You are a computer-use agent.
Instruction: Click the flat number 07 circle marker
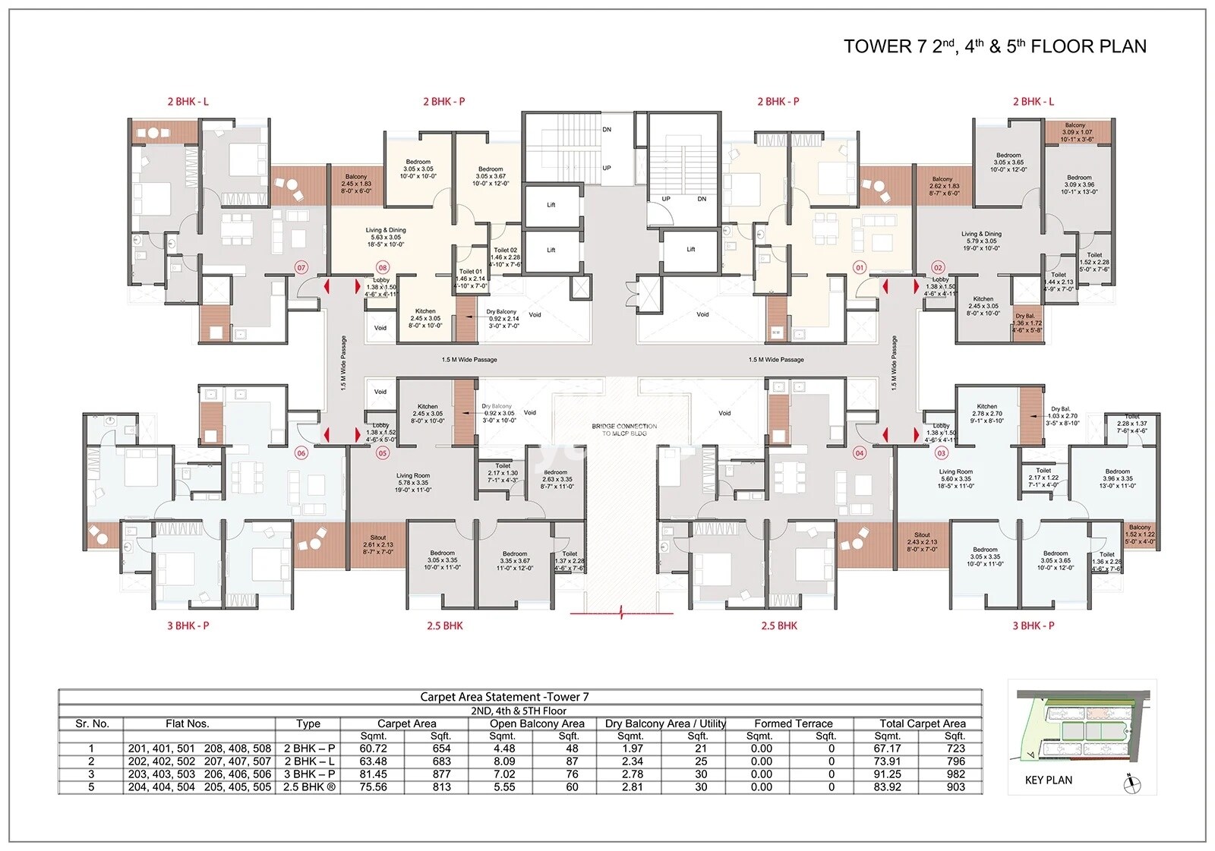tap(301, 268)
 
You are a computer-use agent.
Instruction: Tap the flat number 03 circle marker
tap(942, 453)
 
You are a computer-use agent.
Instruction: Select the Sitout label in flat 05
tap(378, 537)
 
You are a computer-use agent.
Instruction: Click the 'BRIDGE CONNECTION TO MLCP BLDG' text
tap(624, 430)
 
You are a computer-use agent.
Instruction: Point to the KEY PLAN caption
tap(1048, 780)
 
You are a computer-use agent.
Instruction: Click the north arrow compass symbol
tap(1131, 782)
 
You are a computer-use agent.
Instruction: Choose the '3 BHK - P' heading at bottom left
tap(188, 626)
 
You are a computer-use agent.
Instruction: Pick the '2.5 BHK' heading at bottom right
tap(779, 626)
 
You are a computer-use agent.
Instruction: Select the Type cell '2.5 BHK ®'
tap(309, 787)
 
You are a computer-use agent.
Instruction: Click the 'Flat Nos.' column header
tap(187, 723)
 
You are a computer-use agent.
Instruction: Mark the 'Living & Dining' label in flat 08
tap(386, 230)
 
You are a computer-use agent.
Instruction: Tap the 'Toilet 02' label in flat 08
tap(505, 250)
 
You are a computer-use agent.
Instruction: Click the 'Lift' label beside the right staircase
tap(690, 249)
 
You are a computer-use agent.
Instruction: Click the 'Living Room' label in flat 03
tap(955, 471)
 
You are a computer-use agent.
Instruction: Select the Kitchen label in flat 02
tap(983, 299)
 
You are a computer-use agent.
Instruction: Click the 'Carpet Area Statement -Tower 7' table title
tap(504, 697)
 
